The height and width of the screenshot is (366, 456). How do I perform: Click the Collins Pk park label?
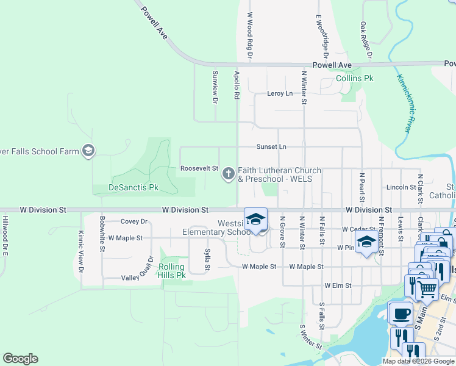(354, 79)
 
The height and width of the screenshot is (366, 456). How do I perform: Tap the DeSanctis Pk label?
(134, 187)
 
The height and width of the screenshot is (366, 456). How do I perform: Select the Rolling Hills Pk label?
(172, 271)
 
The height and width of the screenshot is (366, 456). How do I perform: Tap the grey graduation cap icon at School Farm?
(88, 151)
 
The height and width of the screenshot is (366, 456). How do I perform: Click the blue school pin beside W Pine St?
(365, 243)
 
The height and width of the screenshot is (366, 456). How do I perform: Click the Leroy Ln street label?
(280, 93)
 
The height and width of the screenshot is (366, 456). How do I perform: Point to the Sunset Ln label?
(271, 147)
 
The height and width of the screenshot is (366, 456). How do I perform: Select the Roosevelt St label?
(199, 168)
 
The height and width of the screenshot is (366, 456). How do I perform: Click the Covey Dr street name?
(134, 222)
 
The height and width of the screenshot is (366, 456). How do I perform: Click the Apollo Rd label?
(237, 85)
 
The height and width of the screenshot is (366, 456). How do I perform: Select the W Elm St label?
(338, 285)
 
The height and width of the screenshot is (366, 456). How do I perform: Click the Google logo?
(20, 359)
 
